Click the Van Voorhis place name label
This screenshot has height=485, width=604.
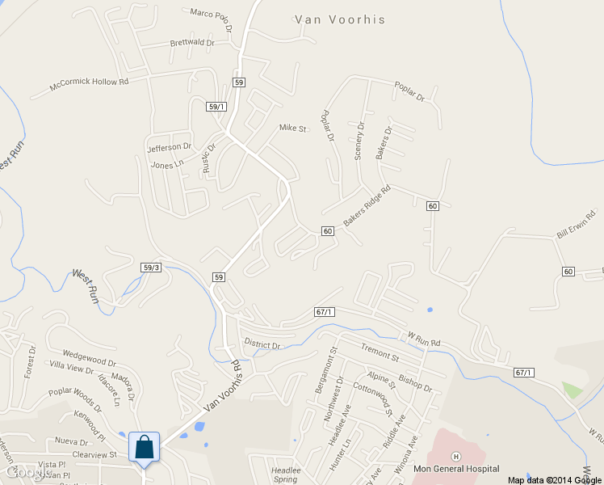340,19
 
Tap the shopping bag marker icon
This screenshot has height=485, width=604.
144,447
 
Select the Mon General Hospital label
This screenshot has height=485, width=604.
455,469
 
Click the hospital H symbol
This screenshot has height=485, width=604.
455,457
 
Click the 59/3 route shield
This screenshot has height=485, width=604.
151,268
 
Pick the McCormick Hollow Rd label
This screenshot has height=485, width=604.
89,82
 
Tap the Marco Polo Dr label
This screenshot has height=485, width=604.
212,16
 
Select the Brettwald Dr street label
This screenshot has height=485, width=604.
192,43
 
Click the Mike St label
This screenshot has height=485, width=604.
293,129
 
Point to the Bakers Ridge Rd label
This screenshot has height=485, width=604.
367,206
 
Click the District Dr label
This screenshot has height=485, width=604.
262,345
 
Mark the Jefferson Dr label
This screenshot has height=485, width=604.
169,148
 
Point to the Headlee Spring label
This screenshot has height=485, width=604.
285,474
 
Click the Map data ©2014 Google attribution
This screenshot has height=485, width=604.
556,479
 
